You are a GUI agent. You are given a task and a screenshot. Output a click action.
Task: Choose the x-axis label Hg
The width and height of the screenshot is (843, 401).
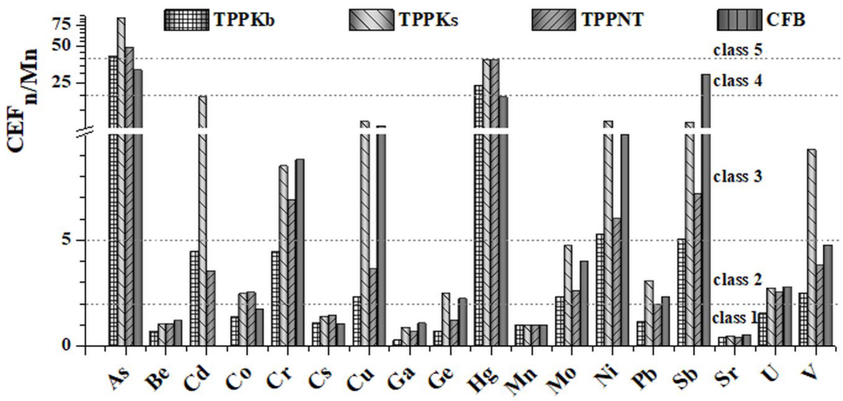pyautogui.click(x=488, y=380)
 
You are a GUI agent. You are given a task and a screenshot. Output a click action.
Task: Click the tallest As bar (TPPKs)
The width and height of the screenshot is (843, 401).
pyautogui.click(x=121, y=164)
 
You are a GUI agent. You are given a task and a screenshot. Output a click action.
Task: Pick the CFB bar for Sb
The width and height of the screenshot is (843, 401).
pyautogui.click(x=705, y=210)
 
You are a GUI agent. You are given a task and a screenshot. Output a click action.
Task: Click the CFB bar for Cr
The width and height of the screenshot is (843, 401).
pyautogui.click(x=300, y=252)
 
